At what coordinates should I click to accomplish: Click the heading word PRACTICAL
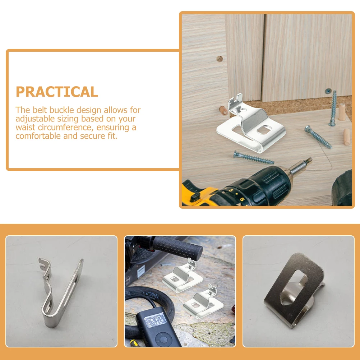[x=57, y=92]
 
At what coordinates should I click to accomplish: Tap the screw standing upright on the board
[x=333, y=108]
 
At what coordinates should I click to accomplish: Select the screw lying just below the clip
[x=254, y=158]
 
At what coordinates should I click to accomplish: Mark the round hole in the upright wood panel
[x=220, y=59]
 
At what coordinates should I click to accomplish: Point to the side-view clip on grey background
[x=61, y=291]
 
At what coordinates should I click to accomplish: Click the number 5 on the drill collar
[x=242, y=199]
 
